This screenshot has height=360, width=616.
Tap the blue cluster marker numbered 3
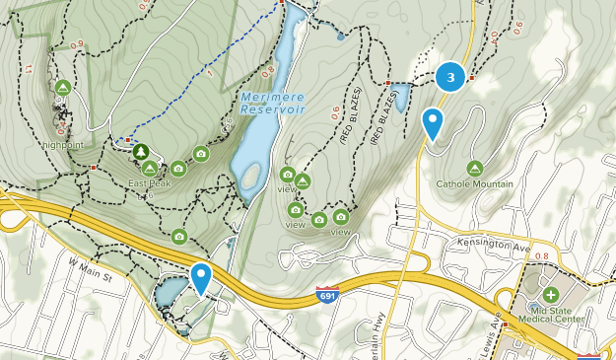tap(450, 76)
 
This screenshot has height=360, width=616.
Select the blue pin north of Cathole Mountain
tap(432, 124)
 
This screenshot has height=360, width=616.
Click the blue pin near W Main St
tap(201, 278)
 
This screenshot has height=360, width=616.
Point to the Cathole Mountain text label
tap(475, 184)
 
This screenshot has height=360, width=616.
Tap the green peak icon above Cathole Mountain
tap(475, 168)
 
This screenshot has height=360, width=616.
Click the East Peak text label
tap(149, 184)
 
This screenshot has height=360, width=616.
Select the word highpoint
tap(63, 145)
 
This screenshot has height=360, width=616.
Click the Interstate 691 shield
tap(328, 295)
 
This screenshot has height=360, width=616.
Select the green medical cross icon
tap(549, 295)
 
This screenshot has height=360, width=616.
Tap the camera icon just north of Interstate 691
tap(179, 237)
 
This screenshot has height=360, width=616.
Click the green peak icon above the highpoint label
tap(62, 88)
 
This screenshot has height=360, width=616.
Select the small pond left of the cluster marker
tap(402, 97)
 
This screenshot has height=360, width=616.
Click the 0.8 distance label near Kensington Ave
tap(541, 256)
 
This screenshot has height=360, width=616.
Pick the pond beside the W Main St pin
tap(169, 291)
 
